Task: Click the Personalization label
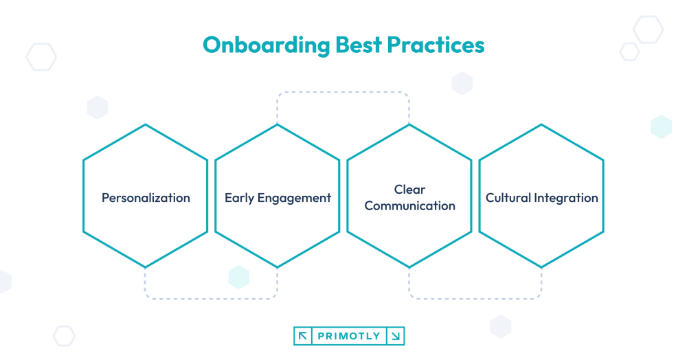146,198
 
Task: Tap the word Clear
409,189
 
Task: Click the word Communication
409,205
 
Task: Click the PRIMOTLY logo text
349,336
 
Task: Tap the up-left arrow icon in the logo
302,336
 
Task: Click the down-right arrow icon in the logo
396,336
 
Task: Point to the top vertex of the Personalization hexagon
146,125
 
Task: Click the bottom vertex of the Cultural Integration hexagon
541,267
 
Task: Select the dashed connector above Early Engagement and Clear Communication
343,93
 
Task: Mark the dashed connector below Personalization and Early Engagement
211,298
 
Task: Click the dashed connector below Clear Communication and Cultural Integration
475,298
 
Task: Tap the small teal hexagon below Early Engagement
238,276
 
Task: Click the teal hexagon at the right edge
661,127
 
